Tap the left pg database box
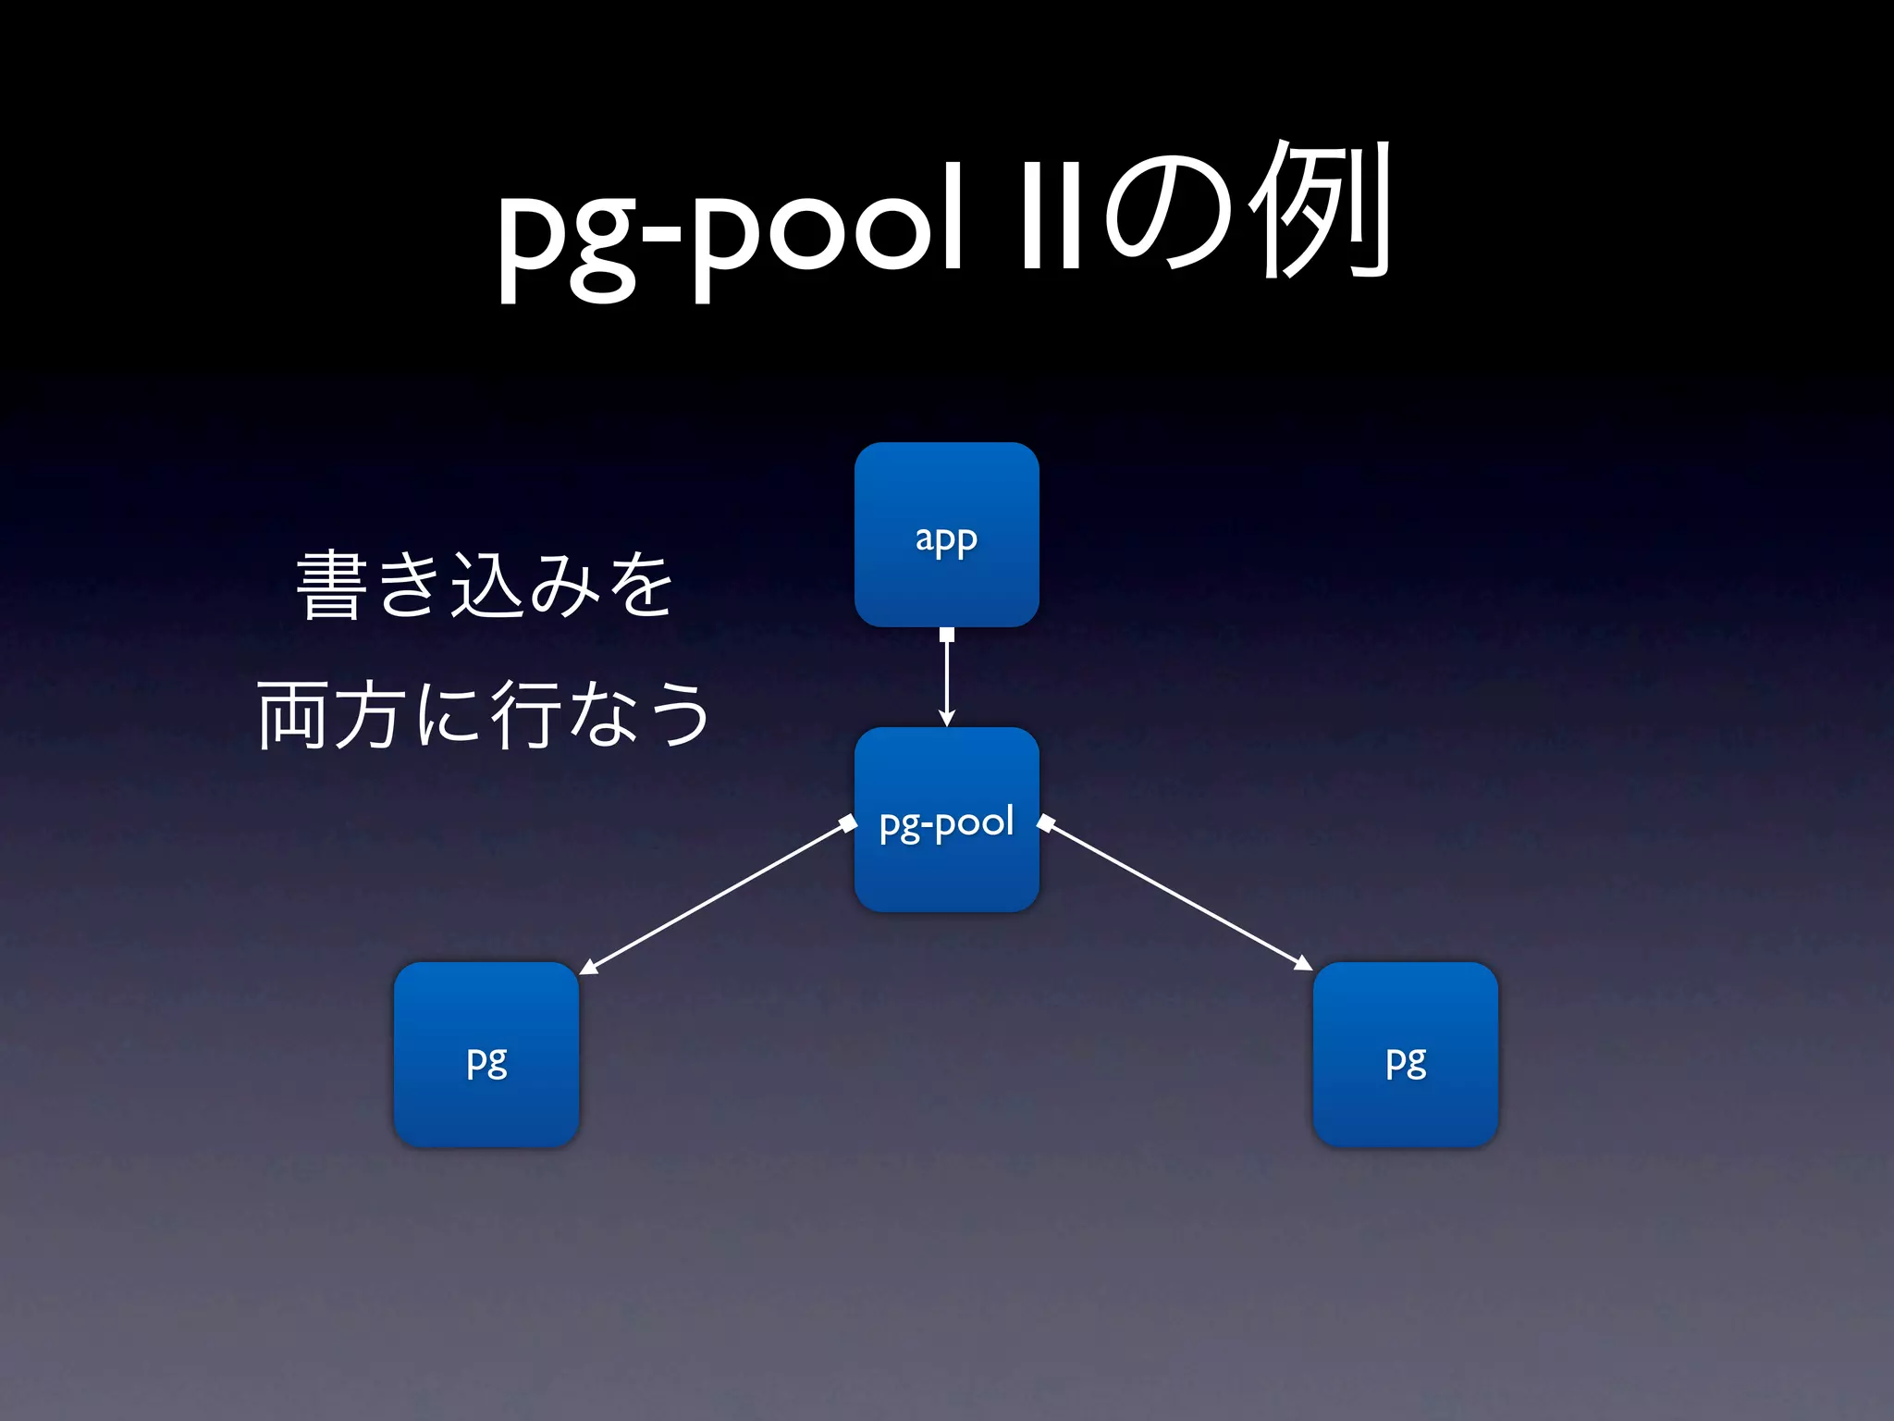[486, 1055]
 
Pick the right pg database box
[1405, 1055]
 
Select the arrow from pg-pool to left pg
[717, 896]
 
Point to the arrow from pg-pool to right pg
[1175, 895]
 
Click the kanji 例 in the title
[1320, 211]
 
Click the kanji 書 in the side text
[330, 585]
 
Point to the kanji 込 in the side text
[486, 585]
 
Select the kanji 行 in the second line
[525, 713]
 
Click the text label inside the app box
[946, 538]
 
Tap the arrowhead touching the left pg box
[588, 968]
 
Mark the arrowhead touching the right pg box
[1303, 965]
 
